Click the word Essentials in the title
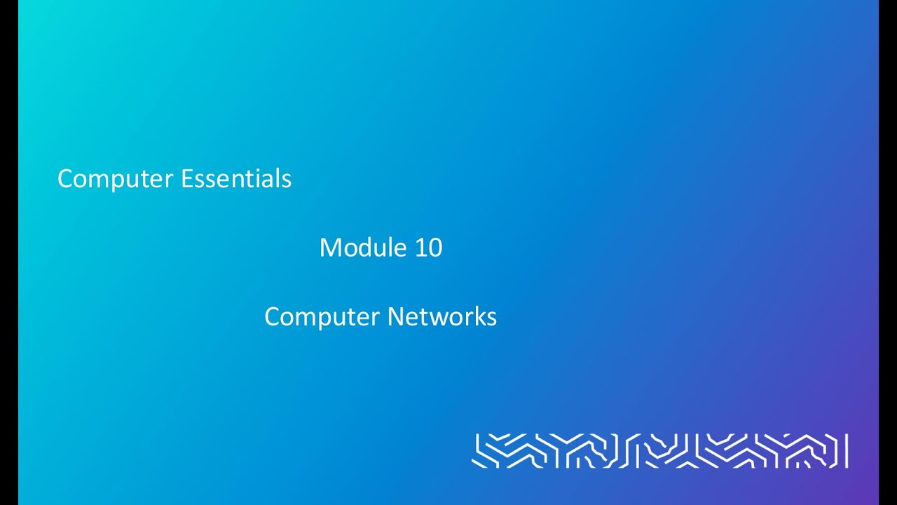(236, 178)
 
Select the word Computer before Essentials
(116, 180)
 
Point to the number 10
(428, 248)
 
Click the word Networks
(442, 316)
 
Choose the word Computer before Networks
(323, 318)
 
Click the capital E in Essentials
(186, 179)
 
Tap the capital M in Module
(329, 248)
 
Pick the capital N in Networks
(395, 316)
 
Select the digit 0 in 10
(435, 248)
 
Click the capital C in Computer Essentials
(65, 179)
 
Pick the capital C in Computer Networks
(272, 317)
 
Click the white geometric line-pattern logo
(659, 450)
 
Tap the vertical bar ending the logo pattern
(847, 450)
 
